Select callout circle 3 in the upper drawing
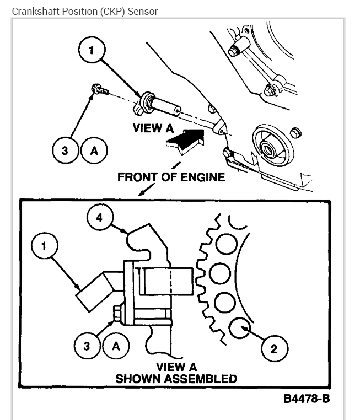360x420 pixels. [65, 150]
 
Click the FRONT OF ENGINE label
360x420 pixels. [171, 177]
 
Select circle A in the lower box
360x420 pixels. [116, 346]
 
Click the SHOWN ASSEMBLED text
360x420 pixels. [175, 379]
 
